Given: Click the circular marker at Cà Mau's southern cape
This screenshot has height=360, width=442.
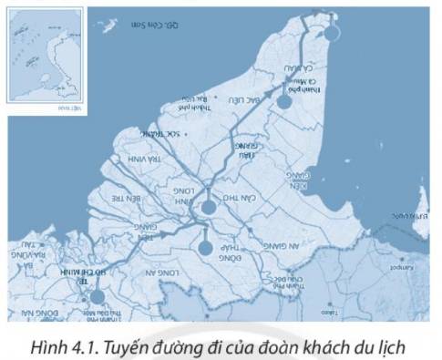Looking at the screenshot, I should click(x=334, y=34).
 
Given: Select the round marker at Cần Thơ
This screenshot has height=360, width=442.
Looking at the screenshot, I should click(x=210, y=207).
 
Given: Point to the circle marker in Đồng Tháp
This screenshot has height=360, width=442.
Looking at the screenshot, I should click(x=204, y=247).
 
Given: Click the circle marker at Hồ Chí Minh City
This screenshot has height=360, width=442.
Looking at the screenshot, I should click(x=98, y=295).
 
